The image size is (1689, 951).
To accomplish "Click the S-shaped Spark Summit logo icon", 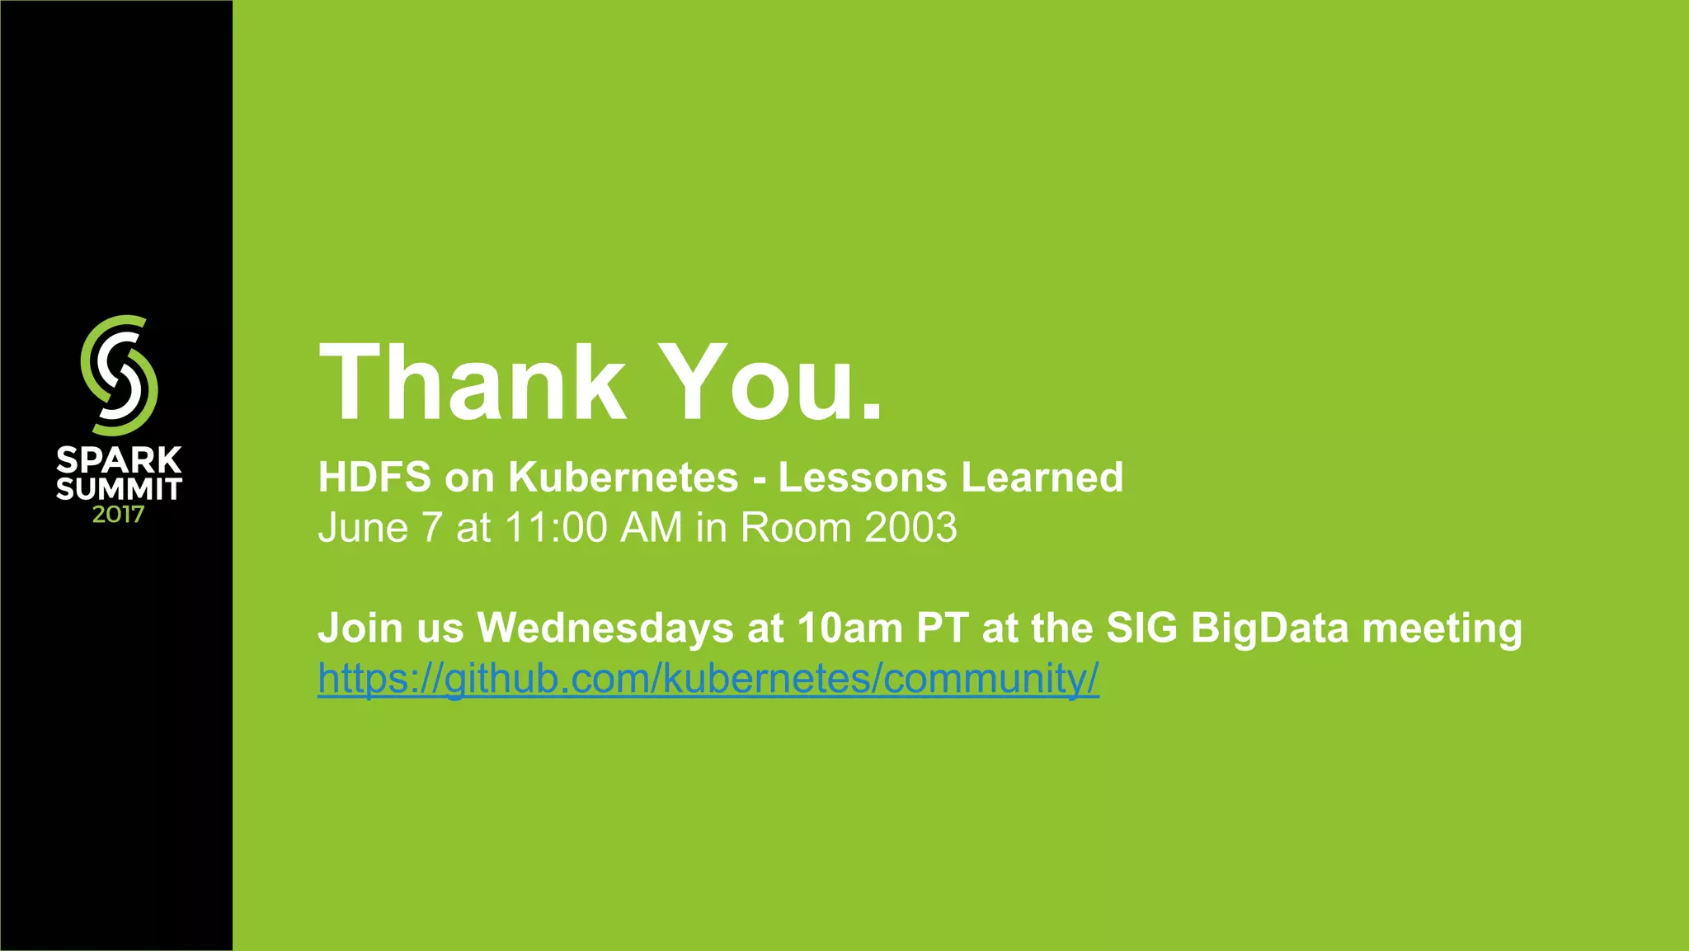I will point(119,375).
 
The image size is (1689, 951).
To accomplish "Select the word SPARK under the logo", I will point(119,460).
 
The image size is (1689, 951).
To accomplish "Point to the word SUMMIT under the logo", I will point(119,489).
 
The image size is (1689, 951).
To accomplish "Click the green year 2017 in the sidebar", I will point(118,516).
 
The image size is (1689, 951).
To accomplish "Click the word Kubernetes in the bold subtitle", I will point(623,478).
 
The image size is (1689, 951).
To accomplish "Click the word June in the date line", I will point(363,528).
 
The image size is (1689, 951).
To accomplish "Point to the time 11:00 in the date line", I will point(557,528).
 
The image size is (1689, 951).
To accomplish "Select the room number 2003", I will point(910,528).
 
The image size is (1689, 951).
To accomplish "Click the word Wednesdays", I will point(605,628).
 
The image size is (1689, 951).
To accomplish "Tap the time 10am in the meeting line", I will point(850,628).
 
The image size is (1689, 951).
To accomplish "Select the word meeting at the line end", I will point(1442,629).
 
